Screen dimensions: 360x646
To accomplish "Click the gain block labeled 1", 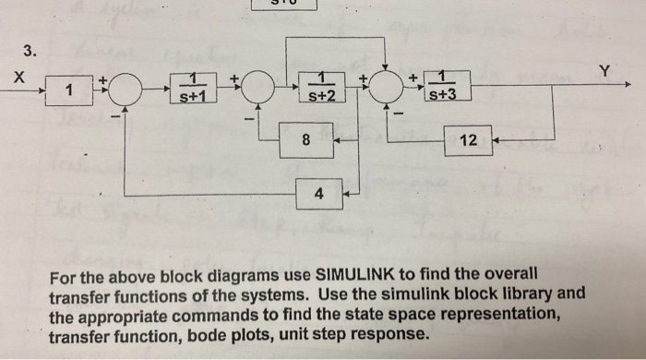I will tap(68, 91).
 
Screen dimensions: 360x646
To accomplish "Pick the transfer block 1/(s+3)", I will tap(447, 88).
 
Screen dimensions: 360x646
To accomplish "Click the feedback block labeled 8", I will tap(306, 141).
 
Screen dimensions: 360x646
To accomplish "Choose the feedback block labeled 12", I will tap(468, 141).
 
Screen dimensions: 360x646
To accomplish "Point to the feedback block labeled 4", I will tap(318, 195).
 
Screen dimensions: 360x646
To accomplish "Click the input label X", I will tap(19, 79).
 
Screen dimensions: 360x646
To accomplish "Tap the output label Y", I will tap(604, 70).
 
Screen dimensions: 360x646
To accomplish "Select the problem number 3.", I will tap(30, 50).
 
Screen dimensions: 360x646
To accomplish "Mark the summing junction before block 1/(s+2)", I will tap(257, 92).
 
